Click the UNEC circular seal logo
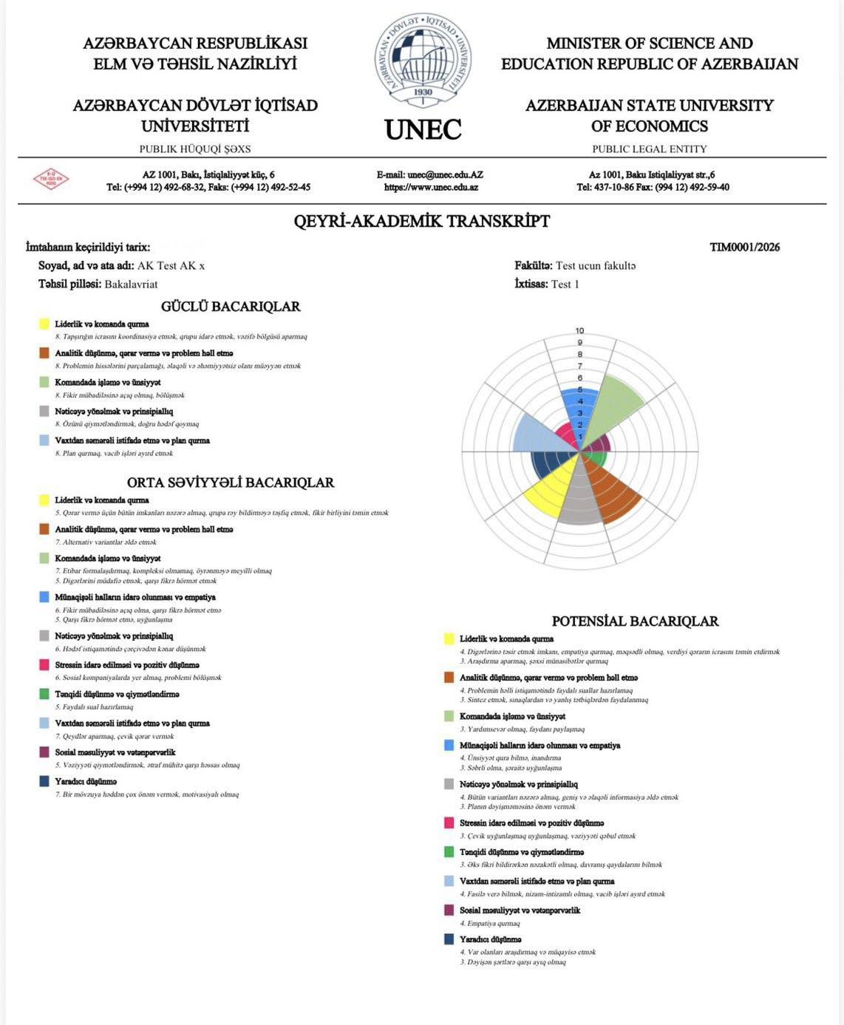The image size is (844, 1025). tap(423, 60)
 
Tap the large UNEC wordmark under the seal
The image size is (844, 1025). tap(423, 129)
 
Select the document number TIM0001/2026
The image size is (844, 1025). tap(744, 247)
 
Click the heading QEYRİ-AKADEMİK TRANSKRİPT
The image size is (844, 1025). tap(422, 221)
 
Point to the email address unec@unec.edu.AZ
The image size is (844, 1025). tap(429, 175)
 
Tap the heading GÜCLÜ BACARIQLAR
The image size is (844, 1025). tap(231, 306)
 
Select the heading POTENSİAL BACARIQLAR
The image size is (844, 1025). tap(635, 621)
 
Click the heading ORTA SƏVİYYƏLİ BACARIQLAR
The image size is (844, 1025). tap(231, 482)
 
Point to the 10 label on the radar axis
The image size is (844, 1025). tap(580, 330)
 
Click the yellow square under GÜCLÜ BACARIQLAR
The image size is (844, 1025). tap(44, 324)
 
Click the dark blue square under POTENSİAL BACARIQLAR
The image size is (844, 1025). tap(449, 939)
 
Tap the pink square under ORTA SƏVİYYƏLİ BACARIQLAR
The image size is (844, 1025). tap(44, 665)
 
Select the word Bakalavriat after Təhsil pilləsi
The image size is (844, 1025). tap(131, 284)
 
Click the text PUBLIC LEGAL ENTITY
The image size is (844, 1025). tap(649, 149)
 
